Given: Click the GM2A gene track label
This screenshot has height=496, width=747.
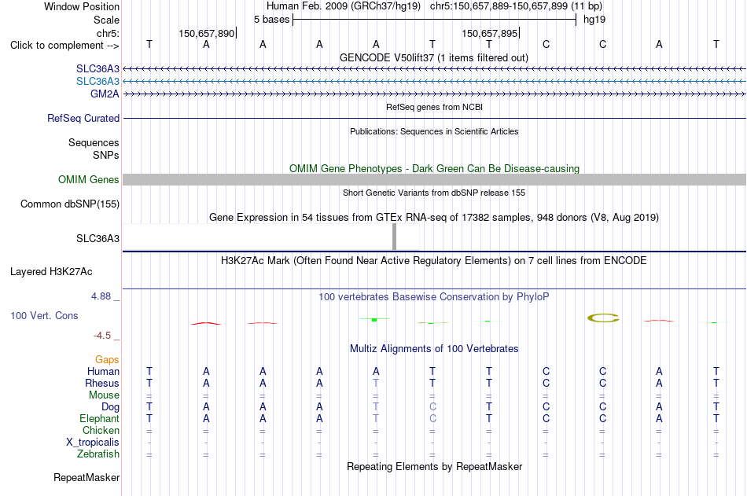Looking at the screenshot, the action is coord(105,94).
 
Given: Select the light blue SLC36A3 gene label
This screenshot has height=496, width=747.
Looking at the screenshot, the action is coord(98,82).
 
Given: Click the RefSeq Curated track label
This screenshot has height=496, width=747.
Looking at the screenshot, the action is coord(83,118).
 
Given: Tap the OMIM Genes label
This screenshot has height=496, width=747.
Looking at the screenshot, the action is coord(89,180).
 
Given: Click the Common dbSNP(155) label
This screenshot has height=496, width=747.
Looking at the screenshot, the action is coord(70,204).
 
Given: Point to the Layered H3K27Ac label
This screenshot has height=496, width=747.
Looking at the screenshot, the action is coord(51,272).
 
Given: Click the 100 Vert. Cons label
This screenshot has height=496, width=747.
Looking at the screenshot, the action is coord(44,315).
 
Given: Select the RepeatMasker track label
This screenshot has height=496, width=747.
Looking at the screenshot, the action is coord(86,477).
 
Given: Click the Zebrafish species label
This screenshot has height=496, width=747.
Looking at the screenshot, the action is coord(98,454).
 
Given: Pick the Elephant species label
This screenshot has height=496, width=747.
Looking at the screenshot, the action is coord(100,419).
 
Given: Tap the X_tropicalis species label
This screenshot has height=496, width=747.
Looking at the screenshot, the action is coord(93,443).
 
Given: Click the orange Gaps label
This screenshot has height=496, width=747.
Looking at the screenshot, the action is coord(107,360).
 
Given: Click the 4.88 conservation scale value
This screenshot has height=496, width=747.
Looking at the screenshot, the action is coord(101,296).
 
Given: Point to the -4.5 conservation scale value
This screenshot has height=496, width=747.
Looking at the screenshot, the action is coord(102,336).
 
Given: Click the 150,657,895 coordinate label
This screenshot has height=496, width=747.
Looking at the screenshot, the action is coord(489,33).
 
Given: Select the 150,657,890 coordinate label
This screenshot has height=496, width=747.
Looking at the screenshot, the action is coord(207,33).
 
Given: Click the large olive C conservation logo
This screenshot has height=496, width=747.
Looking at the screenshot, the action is coord(603,318).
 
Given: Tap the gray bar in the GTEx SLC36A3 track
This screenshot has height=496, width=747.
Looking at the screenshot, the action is coord(394,237).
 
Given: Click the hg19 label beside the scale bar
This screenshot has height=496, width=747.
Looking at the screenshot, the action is coord(594,20).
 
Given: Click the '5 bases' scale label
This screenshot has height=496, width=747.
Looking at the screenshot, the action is coord(271,20).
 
